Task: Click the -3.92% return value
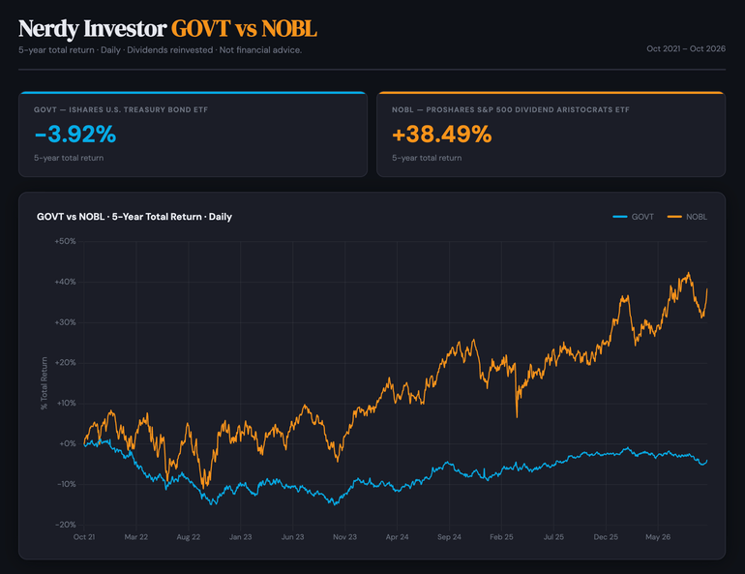(75, 134)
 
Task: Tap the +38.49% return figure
(442, 134)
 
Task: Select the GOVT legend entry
(634, 217)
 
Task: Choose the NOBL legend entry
(688, 217)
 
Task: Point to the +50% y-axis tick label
(65, 241)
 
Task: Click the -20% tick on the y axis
(66, 525)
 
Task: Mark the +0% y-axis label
(68, 443)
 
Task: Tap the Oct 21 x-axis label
(84, 537)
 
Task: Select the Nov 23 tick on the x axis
(345, 537)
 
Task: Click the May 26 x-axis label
(658, 537)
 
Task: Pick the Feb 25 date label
(502, 537)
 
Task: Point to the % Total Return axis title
(45, 383)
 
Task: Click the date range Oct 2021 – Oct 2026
(686, 48)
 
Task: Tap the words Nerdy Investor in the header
(93, 28)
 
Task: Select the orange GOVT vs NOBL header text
(244, 28)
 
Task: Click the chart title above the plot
(134, 217)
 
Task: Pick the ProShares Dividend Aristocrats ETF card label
(511, 109)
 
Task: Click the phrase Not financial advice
(260, 50)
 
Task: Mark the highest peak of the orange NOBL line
(689, 273)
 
